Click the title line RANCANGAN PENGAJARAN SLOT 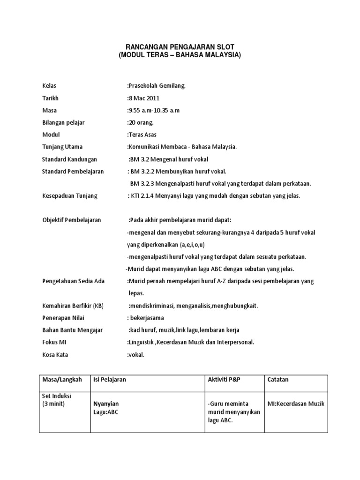pos(180,46)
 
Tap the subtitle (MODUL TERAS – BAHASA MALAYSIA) pos(180,55)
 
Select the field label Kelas pos(49,86)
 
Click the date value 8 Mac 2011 pos(143,98)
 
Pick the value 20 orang pos(141,122)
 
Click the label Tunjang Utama pos(62,147)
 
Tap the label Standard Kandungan pos(68,159)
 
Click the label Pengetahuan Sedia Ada pos(74,281)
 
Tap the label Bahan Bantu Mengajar pos(72,330)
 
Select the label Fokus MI pos(55,342)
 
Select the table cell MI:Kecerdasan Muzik pos(296,404)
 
